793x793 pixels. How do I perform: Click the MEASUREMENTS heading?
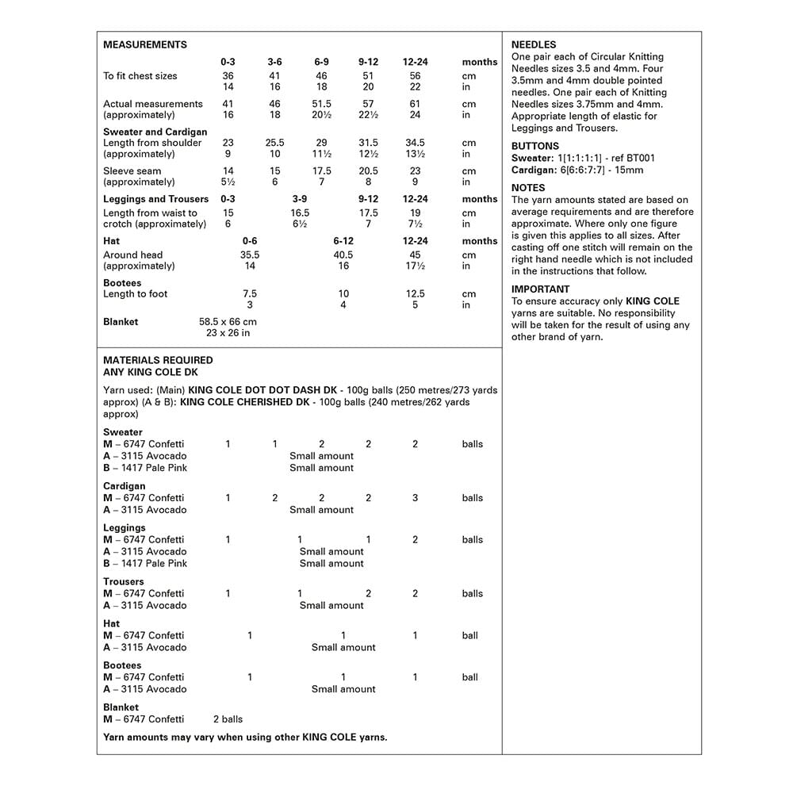(145, 44)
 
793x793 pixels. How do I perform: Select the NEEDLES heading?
(534, 44)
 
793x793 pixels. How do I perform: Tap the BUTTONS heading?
(534, 146)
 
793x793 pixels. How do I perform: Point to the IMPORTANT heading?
(540, 289)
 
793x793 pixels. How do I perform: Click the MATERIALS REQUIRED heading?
(158, 360)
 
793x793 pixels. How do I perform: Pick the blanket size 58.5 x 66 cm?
(228, 322)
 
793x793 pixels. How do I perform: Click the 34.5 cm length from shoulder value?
(415, 143)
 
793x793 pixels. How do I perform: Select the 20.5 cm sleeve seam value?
(368, 170)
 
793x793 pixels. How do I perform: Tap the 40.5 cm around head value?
(343, 255)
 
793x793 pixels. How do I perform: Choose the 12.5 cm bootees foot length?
(415, 293)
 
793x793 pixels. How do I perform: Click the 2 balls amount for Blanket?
(228, 719)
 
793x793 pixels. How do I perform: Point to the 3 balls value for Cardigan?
(415, 498)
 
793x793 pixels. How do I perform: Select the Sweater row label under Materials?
(123, 432)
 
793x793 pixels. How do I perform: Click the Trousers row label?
(123, 581)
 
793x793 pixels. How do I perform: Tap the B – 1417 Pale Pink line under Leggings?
(145, 563)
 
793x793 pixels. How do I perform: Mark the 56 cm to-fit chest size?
(415, 76)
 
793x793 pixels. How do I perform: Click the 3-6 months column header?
(274, 62)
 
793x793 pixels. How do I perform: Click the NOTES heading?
(528, 188)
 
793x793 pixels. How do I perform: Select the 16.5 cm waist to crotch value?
(300, 213)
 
